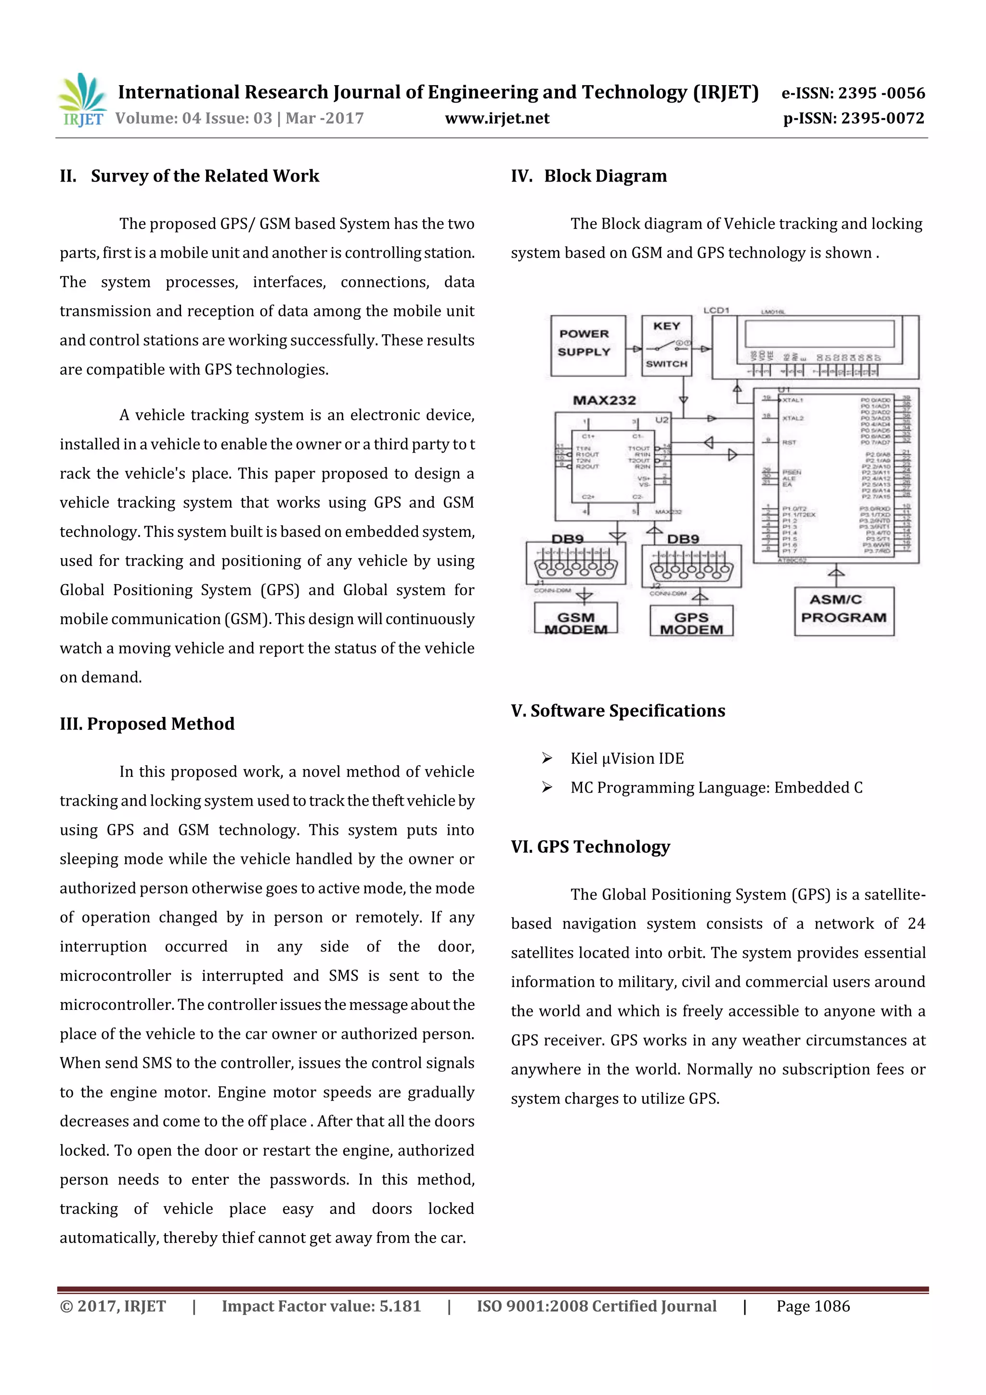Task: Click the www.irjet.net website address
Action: [x=497, y=118]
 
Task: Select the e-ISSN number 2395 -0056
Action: [x=881, y=93]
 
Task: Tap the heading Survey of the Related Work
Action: [x=205, y=176]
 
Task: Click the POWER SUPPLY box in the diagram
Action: [x=587, y=345]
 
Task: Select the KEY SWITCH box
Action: [x=666, y=345]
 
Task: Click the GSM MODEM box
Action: [x=575, y=620]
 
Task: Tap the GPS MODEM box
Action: [x=691, y=622]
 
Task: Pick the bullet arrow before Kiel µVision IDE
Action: [x=547, y=758]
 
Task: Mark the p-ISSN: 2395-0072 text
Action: [x=853, y=118]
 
